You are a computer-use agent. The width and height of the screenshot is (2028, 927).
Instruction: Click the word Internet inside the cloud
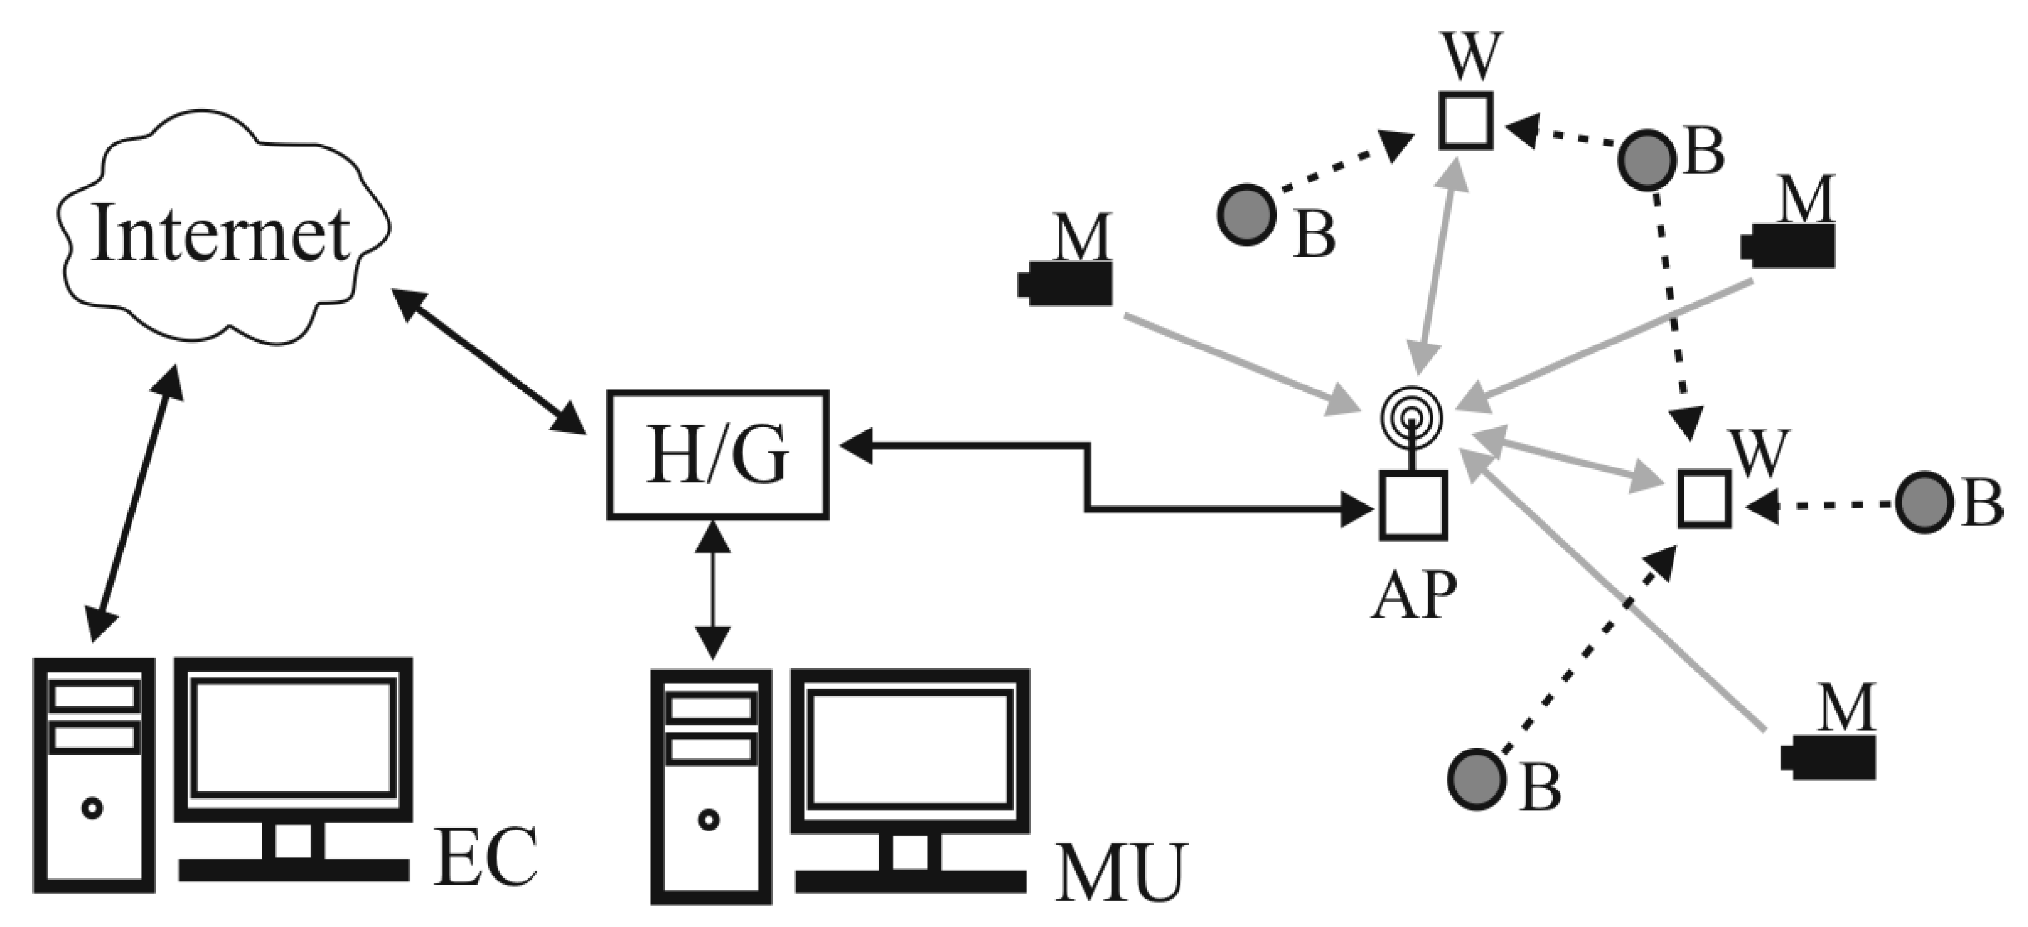tap(220, 234)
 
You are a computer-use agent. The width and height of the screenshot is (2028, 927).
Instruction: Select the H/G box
tap(717, 455)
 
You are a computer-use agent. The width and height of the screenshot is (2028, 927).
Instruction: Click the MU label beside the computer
tap(1120, 873)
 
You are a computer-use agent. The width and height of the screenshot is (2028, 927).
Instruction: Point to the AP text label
tap(1414, 595)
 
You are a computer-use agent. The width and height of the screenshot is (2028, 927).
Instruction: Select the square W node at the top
tap(1466, 121)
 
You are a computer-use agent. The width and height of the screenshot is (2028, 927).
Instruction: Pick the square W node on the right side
tap(1704, 498)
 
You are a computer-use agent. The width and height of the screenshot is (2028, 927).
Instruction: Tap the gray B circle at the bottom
tap(1477, 779)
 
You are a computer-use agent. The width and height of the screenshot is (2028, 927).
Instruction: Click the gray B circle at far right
tap(1924, 502)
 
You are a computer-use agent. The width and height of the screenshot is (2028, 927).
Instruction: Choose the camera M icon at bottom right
tap(1828, 758)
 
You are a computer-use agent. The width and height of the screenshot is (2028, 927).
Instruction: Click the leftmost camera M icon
tap(1065, 284)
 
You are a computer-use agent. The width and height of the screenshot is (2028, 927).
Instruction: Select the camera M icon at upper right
tap(1788, 247)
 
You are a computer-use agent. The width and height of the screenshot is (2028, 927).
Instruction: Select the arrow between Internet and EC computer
tap(134, 504)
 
